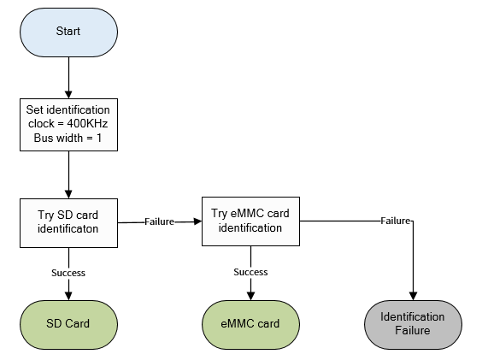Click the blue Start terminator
pos(68,32)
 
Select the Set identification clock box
pos(68,124)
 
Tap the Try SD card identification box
pos(68,221)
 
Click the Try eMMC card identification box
pos(251,221)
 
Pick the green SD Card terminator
pos(68,324)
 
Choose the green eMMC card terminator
pos(251,324)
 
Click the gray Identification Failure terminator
pos(413,324)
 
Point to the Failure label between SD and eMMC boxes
pos(159,221)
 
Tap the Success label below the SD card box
pos(68,273)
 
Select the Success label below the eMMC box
pos(251,273)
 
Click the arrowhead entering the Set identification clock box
pos(68,95)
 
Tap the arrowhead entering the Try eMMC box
pos(197,221)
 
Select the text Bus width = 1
pos(68,138)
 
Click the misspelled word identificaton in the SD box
pos(68,229)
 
